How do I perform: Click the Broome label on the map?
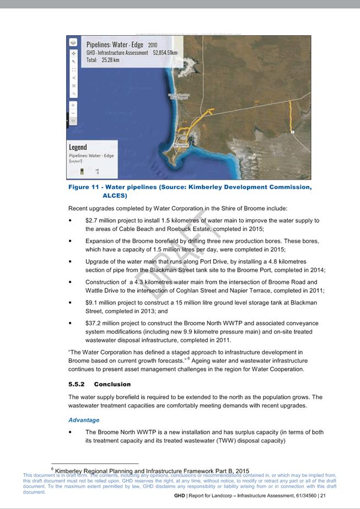click(x=181, y=145)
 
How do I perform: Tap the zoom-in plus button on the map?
click(x=73, y=105)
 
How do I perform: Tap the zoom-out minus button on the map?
click(x=73, y=112)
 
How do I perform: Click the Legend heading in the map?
click(x=78, y=147)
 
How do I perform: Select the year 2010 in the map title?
click(x=152, y=45)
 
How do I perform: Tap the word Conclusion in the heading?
click(x=112, y=384)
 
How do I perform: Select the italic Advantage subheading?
click(x=84, y=420)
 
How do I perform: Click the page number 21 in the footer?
click(x=323, y=496)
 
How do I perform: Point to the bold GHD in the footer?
click(x=179, y=496)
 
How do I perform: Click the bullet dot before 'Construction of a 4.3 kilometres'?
click(x=71, y=282)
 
